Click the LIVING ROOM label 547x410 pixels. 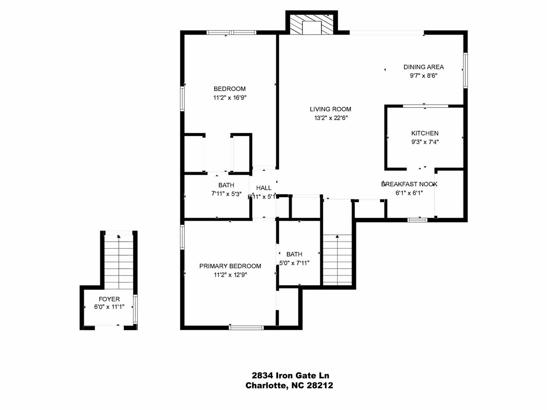[330, 109]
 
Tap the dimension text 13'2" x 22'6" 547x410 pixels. [331, 118]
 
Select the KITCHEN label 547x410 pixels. [424, 133]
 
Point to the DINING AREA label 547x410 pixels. [423, 67]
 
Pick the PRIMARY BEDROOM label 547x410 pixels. [230, 266]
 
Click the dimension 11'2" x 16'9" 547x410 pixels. [230, 98]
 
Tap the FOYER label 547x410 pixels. [109, 299]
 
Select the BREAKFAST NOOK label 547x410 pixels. [409, 184]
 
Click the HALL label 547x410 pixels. [264, 188]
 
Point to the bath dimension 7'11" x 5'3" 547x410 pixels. [226, 194]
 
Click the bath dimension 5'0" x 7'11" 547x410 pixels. [294, 263]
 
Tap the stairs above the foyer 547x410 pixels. [119, 262]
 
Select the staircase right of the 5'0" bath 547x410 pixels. [337, 259]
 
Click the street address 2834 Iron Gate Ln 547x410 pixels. [290, 376]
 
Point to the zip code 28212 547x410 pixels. [320, 386]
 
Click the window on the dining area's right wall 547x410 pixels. [465, 70]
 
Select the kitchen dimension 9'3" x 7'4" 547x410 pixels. [424, 142]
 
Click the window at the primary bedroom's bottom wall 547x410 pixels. [246, 328]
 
